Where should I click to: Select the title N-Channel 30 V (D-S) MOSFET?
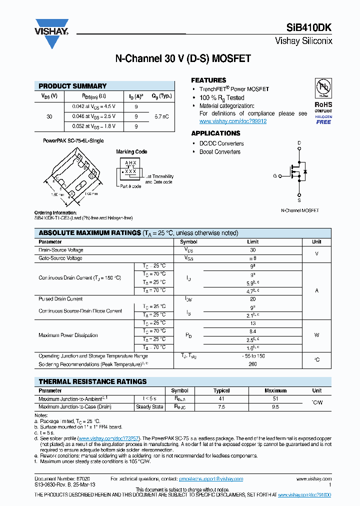point(183,59)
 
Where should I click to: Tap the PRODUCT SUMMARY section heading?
point(72,86)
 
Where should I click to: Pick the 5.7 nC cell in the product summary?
point(161,116)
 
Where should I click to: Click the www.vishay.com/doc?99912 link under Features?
point(232,121)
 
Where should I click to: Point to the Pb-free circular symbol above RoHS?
point(323,88)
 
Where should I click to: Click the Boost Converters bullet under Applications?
point(220,151)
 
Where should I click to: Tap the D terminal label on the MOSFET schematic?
point(299,143)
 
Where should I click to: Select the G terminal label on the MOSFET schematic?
point(274,176)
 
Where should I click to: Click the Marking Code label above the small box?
point(131,151)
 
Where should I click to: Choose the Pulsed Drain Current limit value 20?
point(252,298)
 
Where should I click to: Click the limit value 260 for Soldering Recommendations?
point(252,364)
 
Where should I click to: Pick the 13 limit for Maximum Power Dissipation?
point(252,323)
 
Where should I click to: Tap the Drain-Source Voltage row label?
point(61,250)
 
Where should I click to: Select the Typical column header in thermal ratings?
point(221,390)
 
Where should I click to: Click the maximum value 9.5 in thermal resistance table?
point(275,407)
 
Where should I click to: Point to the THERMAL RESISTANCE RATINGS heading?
point(92,381)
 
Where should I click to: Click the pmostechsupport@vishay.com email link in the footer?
point(217,478)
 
